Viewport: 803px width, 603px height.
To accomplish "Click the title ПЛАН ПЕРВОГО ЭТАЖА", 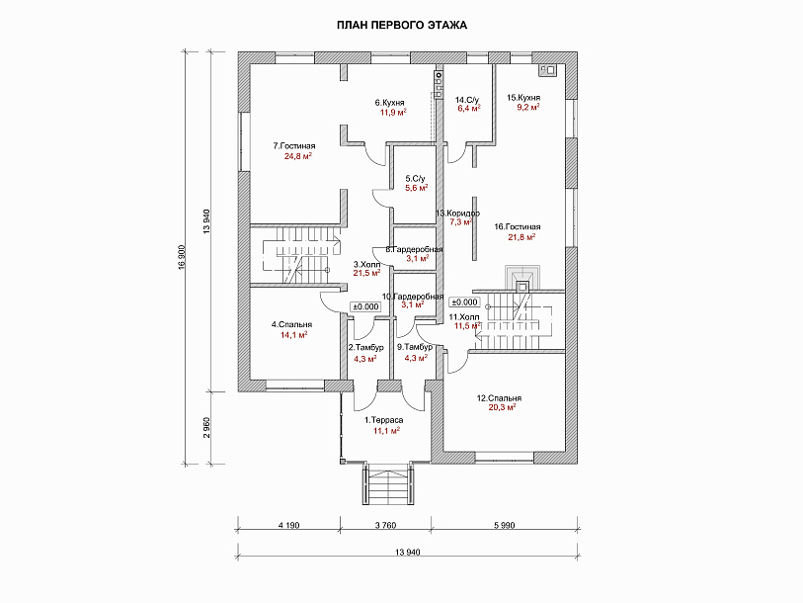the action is [401, 25].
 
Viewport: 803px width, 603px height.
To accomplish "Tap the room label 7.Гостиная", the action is [294, 146].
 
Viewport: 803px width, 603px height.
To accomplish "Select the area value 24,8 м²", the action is [298, 156].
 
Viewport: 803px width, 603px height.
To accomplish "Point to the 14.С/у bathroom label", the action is [467, 99].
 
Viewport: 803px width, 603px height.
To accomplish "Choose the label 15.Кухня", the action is [523, 98].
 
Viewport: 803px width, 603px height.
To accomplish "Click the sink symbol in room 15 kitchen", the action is [546, 70].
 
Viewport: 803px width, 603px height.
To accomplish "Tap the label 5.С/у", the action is [415, 179].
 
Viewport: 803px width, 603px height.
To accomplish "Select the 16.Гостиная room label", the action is [518, 226].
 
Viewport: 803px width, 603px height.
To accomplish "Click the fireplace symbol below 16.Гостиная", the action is [522, 279].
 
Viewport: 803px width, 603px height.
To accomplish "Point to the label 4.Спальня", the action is [291, 324].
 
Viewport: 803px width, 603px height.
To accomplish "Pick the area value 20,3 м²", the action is [502, 407].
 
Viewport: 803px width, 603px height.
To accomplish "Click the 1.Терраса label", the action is [383, 420].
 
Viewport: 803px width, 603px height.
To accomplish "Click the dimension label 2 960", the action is [206, 428].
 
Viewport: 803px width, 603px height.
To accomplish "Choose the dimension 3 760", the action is [385, 525].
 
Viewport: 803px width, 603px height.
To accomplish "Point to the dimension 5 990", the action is [504, 525].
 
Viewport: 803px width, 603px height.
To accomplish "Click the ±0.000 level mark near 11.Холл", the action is [464, 302].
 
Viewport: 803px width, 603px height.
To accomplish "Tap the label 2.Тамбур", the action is [365, 348].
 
